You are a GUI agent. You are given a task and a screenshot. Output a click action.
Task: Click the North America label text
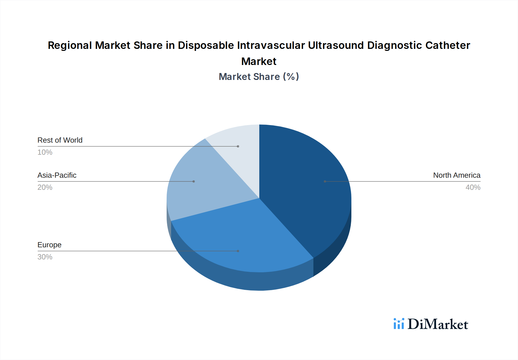click(x=456, y=175)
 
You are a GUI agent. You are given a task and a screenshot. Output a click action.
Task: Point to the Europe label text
click(x=49, y=245)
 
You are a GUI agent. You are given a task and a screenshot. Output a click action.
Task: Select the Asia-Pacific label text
click(x=57, y=175)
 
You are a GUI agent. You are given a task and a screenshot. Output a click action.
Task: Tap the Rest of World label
click(x=60, y=140)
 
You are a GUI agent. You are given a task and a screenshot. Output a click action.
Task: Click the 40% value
click(x=473, y=187)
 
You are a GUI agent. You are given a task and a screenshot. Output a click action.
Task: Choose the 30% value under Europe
click(x=45, y=257)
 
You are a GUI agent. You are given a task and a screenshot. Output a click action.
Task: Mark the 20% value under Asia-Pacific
click(x=45, y=187)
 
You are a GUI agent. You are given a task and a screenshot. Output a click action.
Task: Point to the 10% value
click(x=45, y=152)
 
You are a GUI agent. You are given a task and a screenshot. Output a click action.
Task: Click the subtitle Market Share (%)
click(x=259, y=76)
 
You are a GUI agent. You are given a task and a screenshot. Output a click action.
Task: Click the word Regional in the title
click(x=70, y=45)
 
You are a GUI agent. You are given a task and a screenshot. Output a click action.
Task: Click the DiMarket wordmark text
click(x=438, y=324)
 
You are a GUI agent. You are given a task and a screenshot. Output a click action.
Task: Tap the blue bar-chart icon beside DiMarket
click(x=399, y=324)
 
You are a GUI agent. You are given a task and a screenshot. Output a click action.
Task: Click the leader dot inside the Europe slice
click(x=238, y=251)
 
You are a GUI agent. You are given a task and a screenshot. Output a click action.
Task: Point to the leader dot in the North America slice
click(x=325, y=181)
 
